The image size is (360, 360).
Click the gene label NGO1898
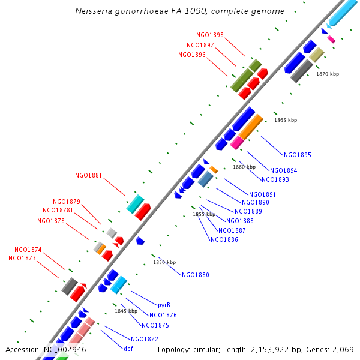[x=209, y=35]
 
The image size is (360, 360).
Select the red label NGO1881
[x=88, y=176]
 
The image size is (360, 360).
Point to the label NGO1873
[x=22, y=258]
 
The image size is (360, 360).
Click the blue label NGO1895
[x=298, y=155]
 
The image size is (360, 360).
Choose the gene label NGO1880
[x=196, y=275]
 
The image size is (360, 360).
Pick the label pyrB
[x=164, y=305]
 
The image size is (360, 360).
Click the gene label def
[x=128, y=349]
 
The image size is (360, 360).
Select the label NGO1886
[x=224, y=239]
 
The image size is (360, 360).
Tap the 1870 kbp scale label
[x=328, y=74]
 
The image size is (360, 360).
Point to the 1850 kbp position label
[x=164, y=262]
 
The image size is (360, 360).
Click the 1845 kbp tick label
[x=126, y=311]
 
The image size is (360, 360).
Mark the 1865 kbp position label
[x=286, y=120]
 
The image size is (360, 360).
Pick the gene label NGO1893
[x=275, y=179]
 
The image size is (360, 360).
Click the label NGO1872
[x=145, y=339]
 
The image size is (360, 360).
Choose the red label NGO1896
[x=192, y=55]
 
